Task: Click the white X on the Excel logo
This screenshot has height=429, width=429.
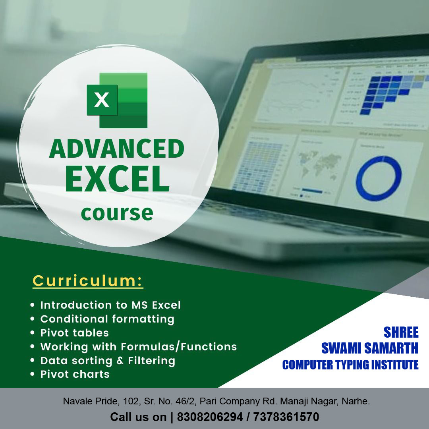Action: pos(102,100)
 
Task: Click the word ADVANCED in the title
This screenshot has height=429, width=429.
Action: pos(117,149)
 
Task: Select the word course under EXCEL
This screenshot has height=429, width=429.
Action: pos(117,213)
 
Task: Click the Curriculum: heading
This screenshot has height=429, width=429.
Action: pos(88,280)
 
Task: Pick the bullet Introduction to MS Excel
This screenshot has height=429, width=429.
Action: pos(110,305)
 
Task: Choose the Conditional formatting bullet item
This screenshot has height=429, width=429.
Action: pos(107,319)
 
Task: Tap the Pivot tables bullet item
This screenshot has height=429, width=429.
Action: pos(75,332)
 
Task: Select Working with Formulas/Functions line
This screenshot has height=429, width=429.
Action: pos(139,347)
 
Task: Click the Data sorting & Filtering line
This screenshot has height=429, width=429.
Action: pos(108,361)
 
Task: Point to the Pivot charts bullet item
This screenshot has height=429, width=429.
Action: pos(75,374)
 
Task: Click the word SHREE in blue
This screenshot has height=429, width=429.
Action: pos(401,332)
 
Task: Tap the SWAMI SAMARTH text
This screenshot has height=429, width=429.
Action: pos(369,348)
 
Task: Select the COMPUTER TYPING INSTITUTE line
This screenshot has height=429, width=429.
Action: pos(350,365)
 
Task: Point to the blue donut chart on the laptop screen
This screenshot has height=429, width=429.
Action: pos(378,178)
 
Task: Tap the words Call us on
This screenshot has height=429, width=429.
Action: pos(138,417)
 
